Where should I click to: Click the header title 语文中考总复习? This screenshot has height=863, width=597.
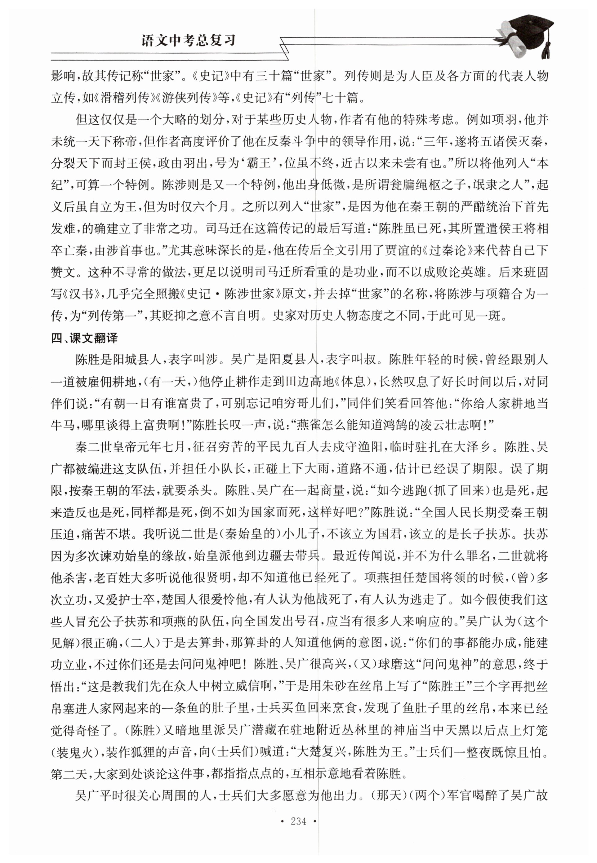189,40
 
